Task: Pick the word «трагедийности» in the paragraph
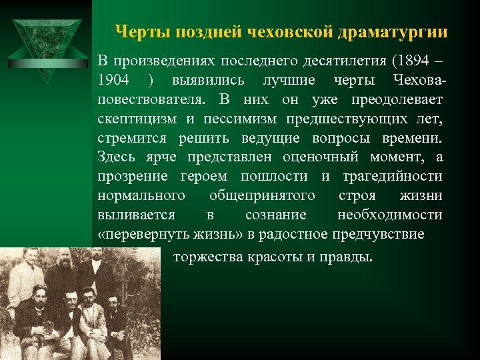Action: click(392, 177)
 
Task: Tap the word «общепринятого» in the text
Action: click(262, 196)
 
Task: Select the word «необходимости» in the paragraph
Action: click(389, 215)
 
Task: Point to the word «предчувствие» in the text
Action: click(380, 235)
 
